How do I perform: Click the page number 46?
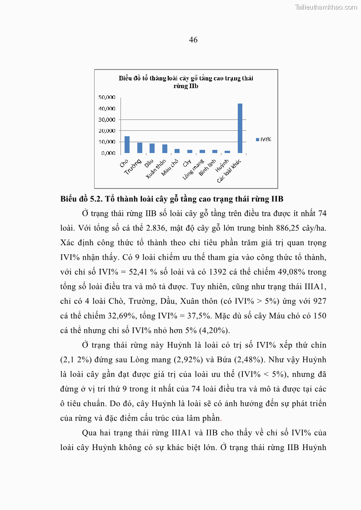193,40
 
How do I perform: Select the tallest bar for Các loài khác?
240,129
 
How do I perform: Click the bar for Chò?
127,145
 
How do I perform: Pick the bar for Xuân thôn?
165,149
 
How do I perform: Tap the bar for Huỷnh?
227,152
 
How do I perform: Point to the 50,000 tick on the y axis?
107,97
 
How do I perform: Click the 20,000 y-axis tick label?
107,131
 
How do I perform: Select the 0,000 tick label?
108,153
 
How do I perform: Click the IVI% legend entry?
263,139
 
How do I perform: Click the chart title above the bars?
186,82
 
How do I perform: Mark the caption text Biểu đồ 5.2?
81,199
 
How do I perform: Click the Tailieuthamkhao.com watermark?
326,7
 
